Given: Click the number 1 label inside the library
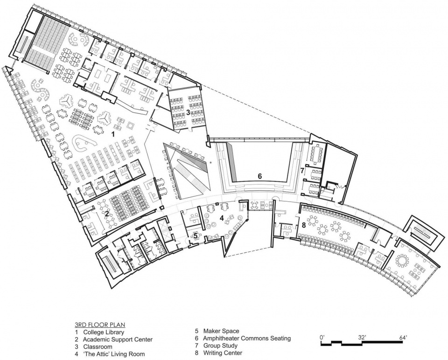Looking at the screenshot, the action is click(x=113, y=134).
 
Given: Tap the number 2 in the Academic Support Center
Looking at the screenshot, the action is click(x=106, y=213).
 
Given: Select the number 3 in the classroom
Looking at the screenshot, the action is click(x=188, y=112).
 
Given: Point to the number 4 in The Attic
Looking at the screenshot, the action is click(x=221, y=218).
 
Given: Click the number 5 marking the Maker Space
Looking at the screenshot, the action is click(x=196, y=236).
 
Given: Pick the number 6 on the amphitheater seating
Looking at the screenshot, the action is click(x=259, y=176).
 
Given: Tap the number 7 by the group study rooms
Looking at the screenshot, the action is click(x=302, y=170).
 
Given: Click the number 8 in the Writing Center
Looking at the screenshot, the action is click(x=304, y=225).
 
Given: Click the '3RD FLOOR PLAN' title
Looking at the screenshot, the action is click(x=100, y=325).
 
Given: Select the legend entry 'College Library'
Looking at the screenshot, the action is click(x=104, y=332).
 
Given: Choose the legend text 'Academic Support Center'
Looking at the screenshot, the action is click(x=118, y=339).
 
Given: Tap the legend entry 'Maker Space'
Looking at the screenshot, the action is click(x=221, y=331).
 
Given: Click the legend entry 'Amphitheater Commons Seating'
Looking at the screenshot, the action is click(x=247, y=338).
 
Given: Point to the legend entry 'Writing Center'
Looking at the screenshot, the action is click(x=223, y=353).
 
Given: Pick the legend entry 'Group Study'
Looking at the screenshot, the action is click(x=220, y=346).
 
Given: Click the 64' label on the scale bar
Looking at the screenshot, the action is click(x=403, y=338).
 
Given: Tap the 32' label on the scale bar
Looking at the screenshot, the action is click(x=362, y=338).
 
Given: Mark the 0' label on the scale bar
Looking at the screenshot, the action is click(x=322, y=338).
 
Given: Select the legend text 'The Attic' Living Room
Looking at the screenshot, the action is click(x=114, y=354).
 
